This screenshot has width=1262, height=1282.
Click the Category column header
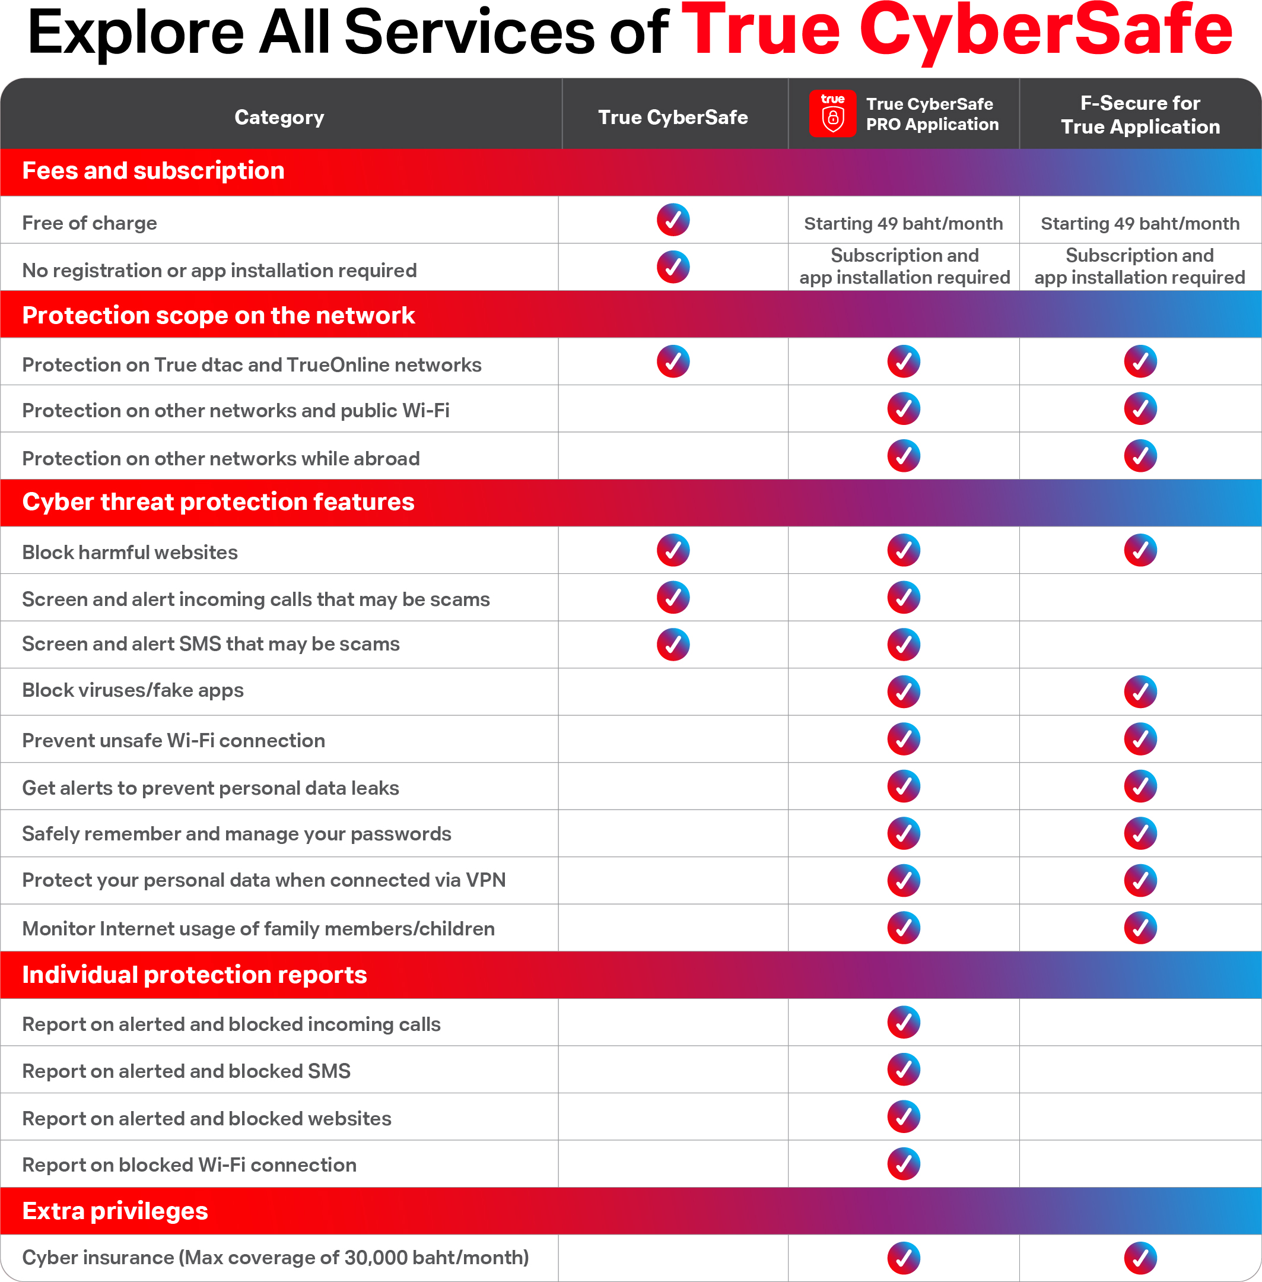[x=279, y=118]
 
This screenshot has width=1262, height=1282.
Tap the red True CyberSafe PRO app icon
[x=832, y=113]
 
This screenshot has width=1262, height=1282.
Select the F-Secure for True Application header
[x=1140, y=115]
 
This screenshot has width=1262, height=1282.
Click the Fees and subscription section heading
[x=153, y=171]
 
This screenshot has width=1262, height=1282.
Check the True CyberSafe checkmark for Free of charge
[x=673, y=220]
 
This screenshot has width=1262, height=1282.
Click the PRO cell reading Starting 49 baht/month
[x=903, y=223]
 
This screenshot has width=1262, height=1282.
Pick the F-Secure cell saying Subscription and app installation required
[x=1139, y=266]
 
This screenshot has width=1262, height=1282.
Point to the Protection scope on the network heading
[x=218, y=316]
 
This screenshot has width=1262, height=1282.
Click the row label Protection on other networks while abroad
[x=221, y=458]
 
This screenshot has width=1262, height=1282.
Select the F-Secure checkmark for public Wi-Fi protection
[x=1140, y=409]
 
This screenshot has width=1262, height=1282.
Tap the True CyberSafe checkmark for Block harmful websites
[x=673, y=550]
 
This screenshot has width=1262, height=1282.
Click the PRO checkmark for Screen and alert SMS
[x=904, y=645]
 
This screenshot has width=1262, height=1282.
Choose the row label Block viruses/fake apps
[x=132, y=690]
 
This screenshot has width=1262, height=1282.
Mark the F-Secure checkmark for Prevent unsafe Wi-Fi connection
[x=1140, y=739]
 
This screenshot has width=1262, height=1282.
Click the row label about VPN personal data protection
[x=264, y=880]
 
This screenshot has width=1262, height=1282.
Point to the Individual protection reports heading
[x=194, y=975]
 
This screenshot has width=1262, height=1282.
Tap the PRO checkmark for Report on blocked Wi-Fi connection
[x=904, y=1164]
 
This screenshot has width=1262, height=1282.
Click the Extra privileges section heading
[x=115, y=1211]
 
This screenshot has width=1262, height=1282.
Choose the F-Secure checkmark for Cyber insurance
[x=1140, y=1258]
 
